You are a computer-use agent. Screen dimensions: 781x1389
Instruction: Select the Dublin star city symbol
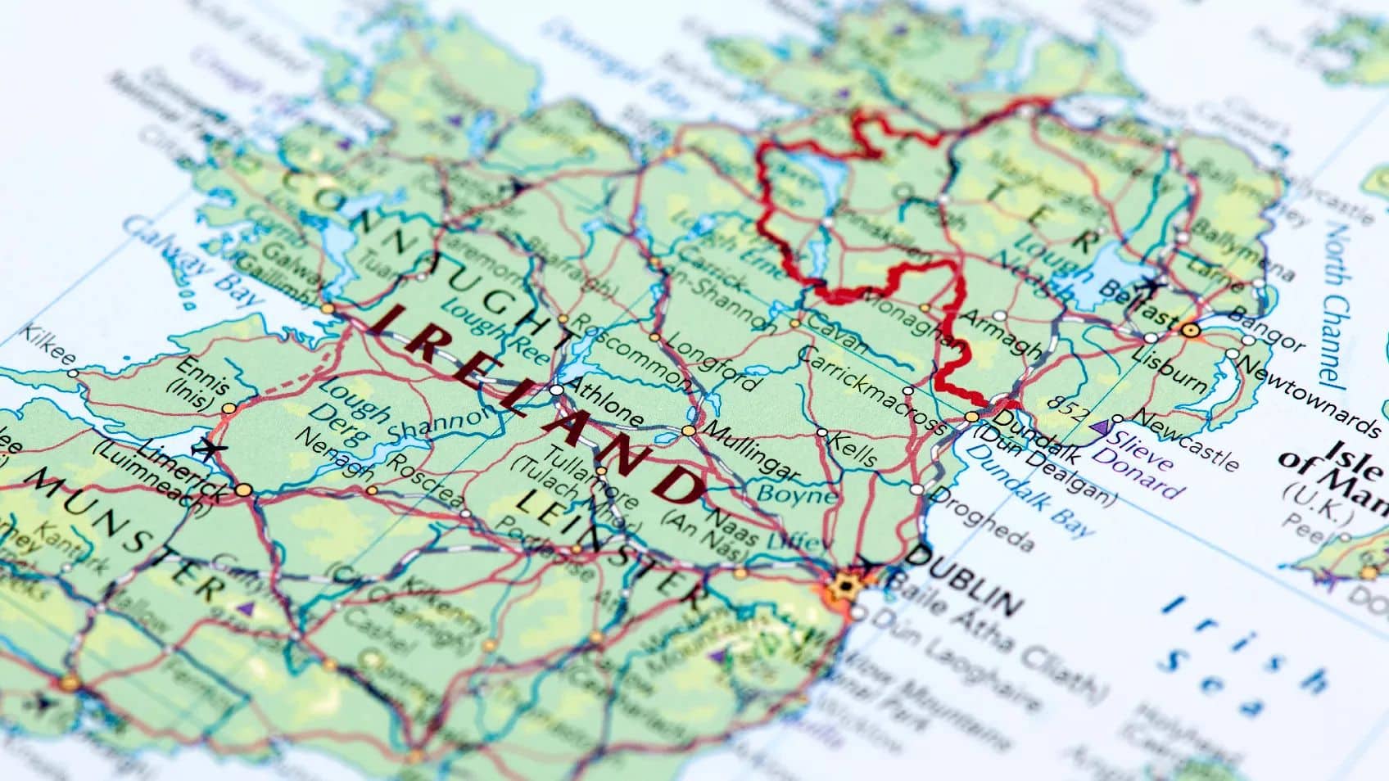pos(843,586)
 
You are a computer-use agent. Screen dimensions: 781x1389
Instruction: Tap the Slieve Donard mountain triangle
pos(1101,427)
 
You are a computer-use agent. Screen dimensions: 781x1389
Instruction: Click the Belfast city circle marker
pos(1191,330)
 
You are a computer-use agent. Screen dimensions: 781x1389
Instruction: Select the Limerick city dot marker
pos(243,490)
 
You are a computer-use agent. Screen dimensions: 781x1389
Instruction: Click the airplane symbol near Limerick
pos(209,449)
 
